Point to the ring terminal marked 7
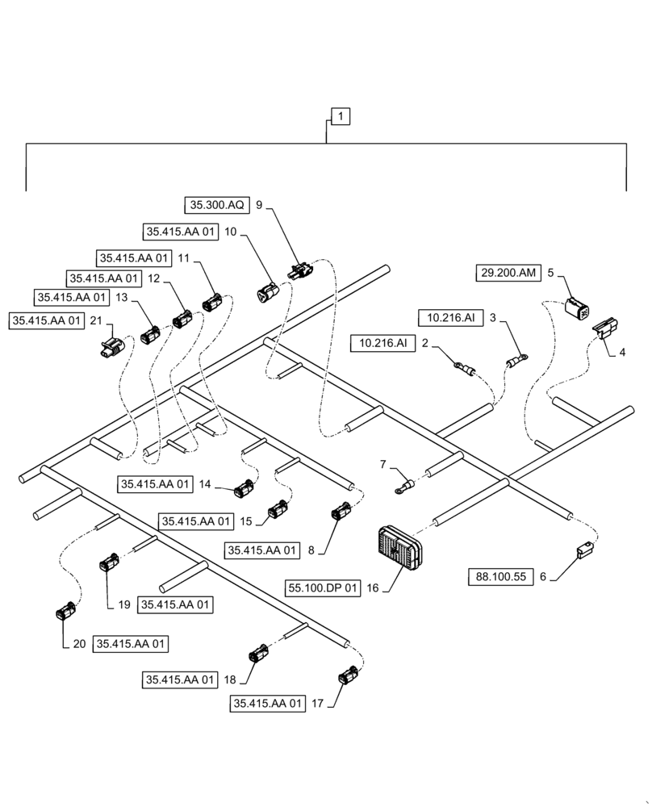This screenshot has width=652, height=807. click(403, 486)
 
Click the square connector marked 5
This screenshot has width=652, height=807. click(577, 309)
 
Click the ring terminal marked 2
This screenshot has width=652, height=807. click(463, 368)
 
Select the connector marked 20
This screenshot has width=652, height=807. click(65, 613)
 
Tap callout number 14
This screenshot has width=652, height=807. click(206, 484)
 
